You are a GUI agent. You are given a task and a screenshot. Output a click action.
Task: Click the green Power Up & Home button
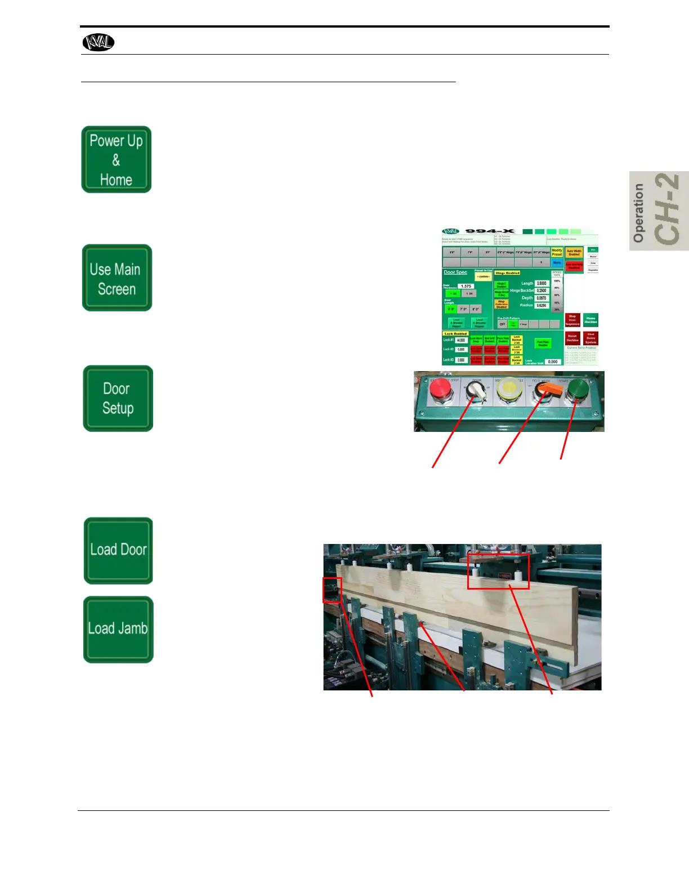coord(117,159)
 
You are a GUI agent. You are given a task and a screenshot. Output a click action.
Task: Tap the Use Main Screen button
coord(117,278)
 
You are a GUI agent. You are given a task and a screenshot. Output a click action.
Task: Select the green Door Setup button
coord(118,398)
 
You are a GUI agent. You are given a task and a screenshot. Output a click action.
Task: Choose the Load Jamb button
coord(118,629)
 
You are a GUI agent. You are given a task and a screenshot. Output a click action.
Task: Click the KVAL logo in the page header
coord(99,42)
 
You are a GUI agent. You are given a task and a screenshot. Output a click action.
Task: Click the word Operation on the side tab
coord(638,213)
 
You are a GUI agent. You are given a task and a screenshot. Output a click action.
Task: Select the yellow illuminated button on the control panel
coord(510,390)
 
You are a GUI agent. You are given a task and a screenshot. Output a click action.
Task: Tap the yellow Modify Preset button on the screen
coord(557,252)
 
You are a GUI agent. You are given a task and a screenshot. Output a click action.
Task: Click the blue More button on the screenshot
coord(557,262)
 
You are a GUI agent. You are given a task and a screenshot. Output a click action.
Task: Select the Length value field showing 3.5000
coord(541,283)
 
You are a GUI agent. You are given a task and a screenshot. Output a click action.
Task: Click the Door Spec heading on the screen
coord(455,272)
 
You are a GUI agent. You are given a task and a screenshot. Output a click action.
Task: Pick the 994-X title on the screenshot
coord(490,231)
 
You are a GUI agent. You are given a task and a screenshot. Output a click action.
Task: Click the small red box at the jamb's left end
coord(332,590)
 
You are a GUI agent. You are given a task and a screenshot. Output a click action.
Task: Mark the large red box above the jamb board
coord(498,571)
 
